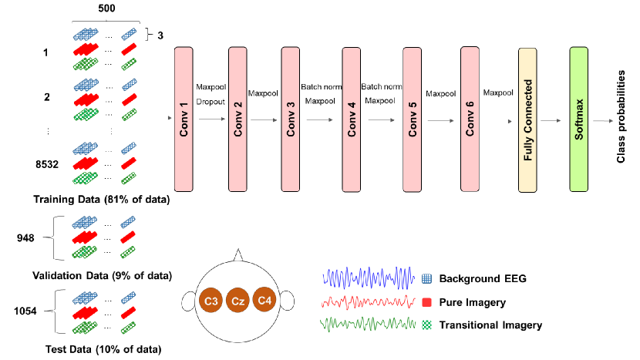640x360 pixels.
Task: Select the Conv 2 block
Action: click(237, 119)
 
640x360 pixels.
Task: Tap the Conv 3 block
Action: click(291, 119)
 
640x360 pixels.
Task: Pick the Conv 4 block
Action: click(352, 119)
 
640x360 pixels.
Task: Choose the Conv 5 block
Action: click(412, 119)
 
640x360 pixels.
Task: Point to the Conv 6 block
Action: click(469, 119)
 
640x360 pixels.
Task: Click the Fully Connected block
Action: click(528, 119)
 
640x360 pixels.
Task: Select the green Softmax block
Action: click(579, 119)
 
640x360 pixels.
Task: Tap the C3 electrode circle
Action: click(211, 301)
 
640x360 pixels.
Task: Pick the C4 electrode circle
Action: click(264, 301)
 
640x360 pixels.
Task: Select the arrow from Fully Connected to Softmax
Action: click(549, 120)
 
